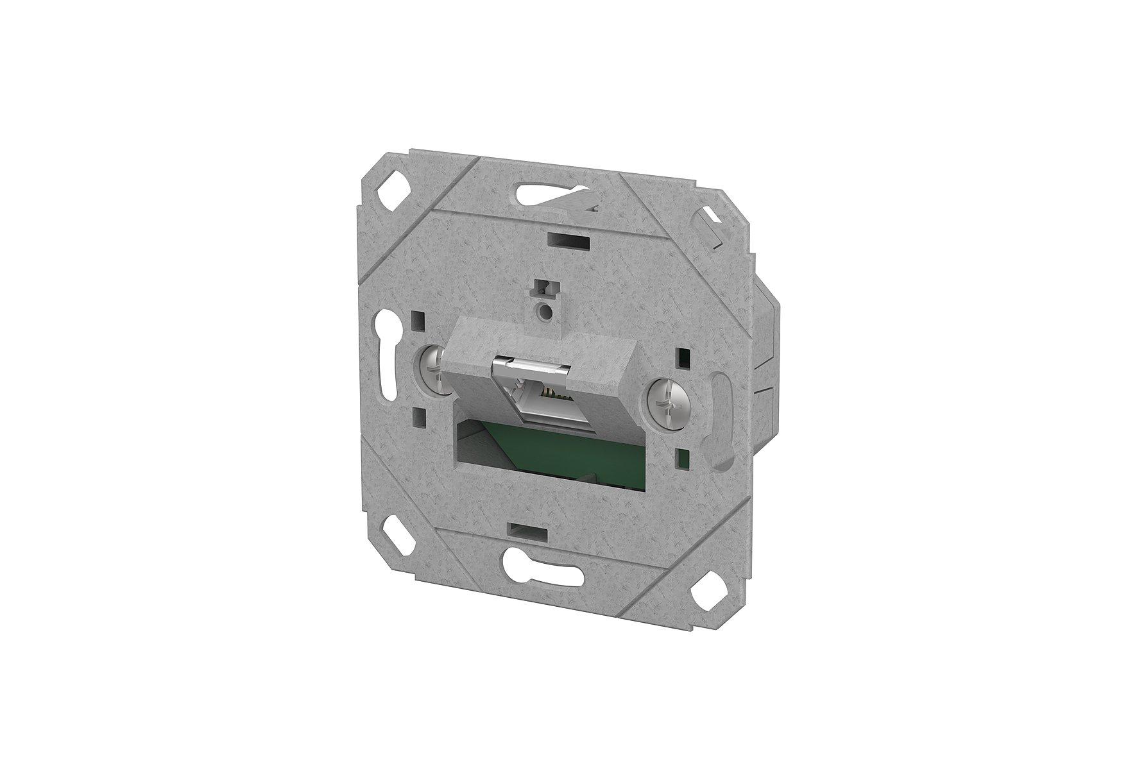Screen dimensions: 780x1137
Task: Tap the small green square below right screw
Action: coord(685,457)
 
